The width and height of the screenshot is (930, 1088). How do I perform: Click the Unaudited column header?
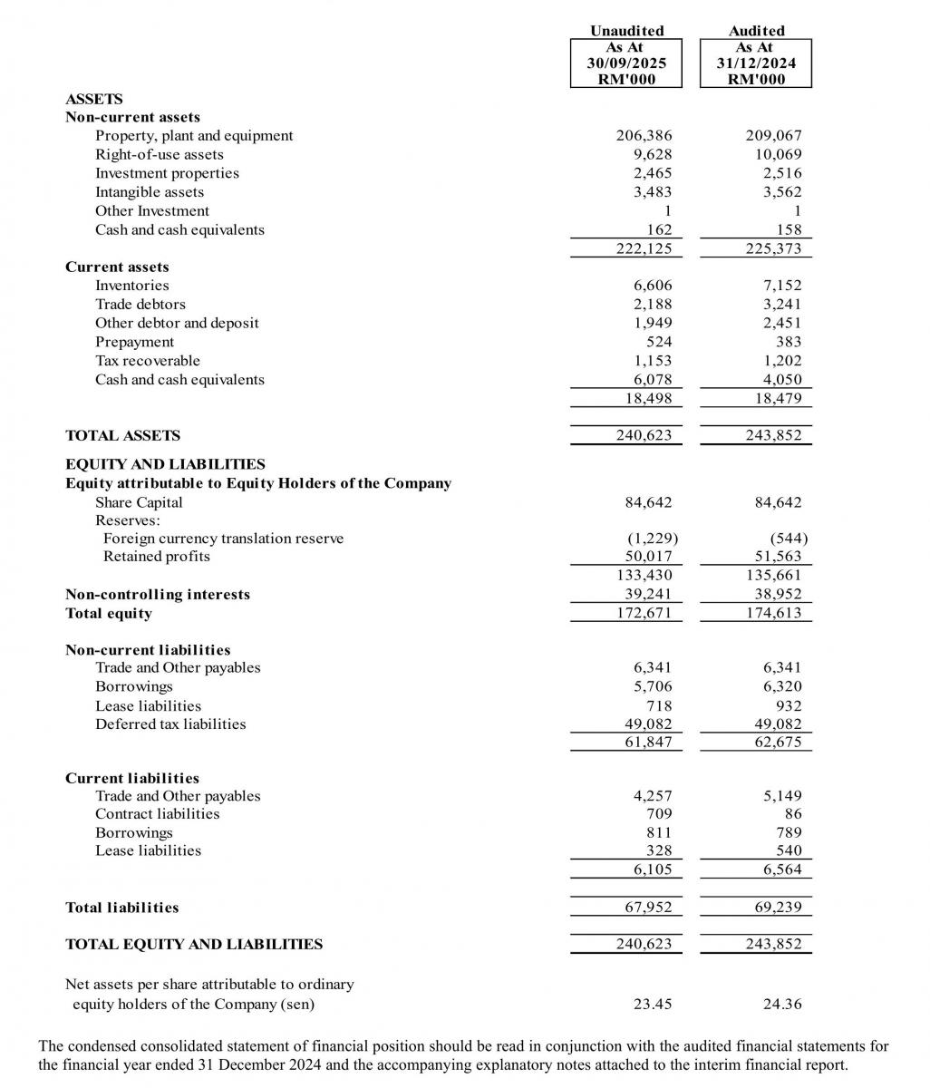coord(626,31)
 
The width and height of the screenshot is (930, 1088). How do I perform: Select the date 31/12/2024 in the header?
coord(756,63)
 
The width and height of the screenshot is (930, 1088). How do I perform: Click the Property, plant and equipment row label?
coord(194,136)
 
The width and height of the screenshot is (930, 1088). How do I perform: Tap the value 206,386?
coord(644,136)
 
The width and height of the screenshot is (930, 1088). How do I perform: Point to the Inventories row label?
coord(131,286)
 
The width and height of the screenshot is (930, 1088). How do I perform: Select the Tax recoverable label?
coord(148,361)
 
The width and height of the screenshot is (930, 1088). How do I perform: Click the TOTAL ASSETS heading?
coord(122,436)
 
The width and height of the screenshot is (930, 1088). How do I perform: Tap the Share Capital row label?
coord(139,502)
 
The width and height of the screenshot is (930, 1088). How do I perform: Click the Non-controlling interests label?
coord(158,595)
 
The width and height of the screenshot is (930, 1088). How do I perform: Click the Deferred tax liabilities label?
coord(170,724)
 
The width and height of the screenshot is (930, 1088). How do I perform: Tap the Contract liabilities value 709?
coord(659,814)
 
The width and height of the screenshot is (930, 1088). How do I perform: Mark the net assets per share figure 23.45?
coord(653,1005)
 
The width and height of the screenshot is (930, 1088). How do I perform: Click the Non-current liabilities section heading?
coord(148,650)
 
